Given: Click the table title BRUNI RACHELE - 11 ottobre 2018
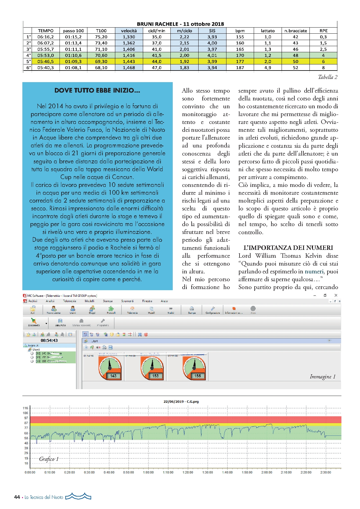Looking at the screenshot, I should click(x=180, y=24).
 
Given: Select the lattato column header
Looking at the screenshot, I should click(x=267, y=31).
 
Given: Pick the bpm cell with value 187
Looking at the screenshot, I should click(x=240, y=68).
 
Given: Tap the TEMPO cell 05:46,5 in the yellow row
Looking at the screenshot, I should click(x=46, y=62).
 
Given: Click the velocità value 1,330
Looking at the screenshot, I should click(x=129, y=37).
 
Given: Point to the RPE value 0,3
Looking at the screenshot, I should click(x=323, y=37).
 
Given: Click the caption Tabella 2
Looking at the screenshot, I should click(x=327, y=77).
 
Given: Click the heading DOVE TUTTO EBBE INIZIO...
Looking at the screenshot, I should click(x=97, y=91).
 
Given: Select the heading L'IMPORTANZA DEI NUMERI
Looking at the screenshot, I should click(x=288, y=248).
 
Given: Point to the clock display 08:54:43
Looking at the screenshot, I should click(x=49, y=340).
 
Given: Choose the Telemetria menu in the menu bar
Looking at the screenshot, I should click(x=69, y=301).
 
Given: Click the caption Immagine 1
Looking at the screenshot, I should click(x=322, y=377).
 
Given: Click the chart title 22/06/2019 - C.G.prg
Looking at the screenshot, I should click(x=181, y=402).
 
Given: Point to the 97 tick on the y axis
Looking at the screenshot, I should click(x=26, y=418).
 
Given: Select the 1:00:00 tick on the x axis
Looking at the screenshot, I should click(x=148, y=472).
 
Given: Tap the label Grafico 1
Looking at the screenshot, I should click(x=49, y=459).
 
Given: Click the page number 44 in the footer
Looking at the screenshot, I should click(x=17, y=497).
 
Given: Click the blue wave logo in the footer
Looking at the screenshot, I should click(x=78, y=497).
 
